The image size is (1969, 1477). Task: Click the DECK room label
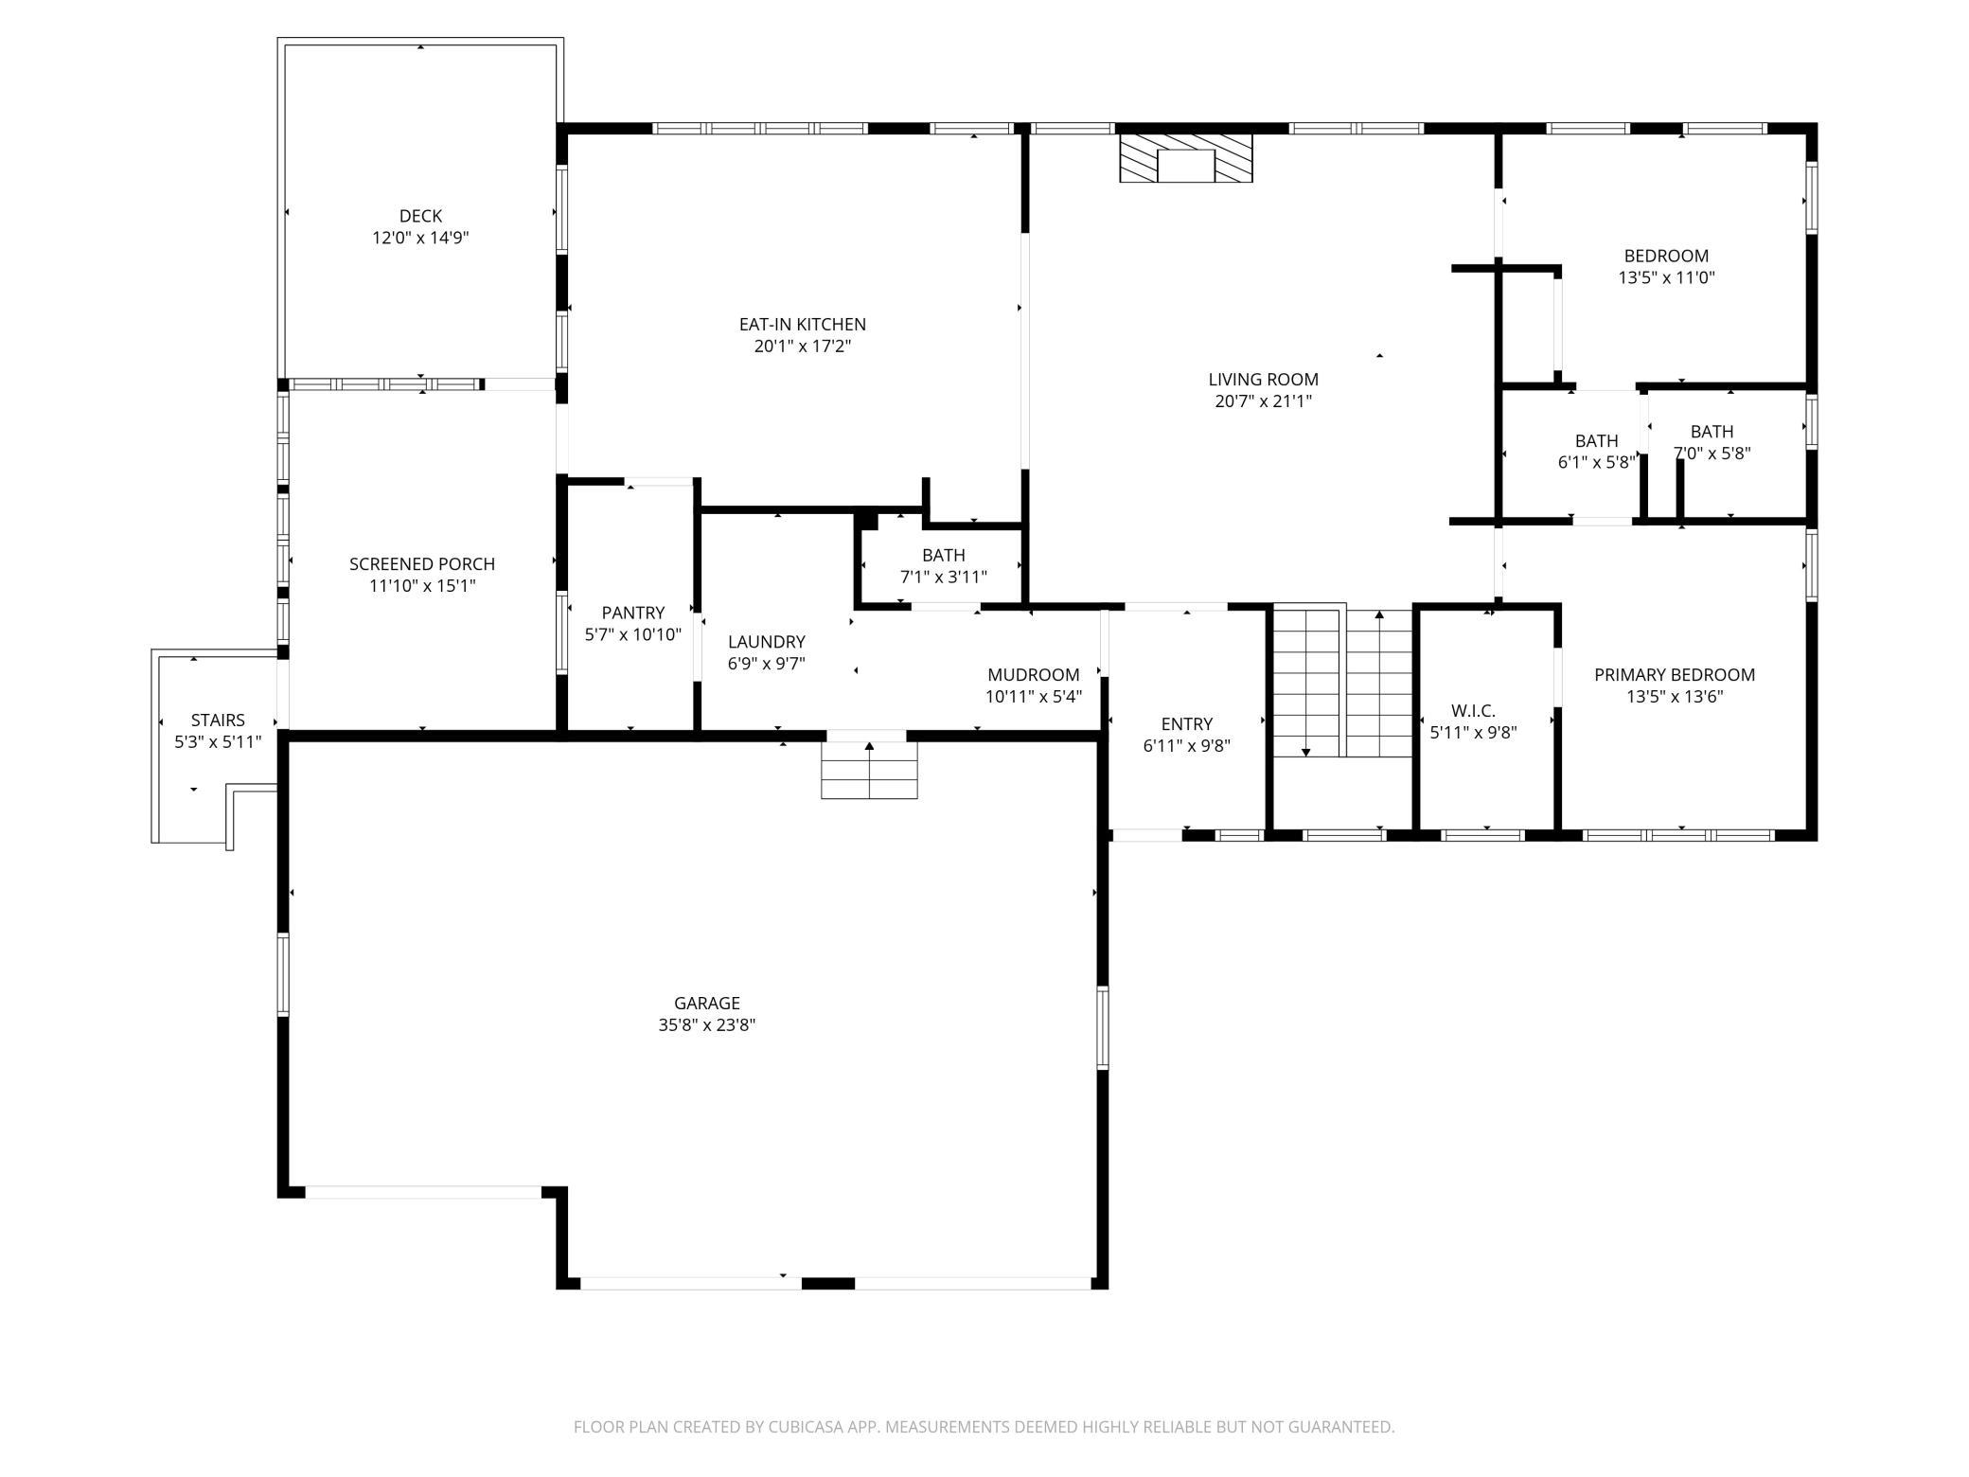420,216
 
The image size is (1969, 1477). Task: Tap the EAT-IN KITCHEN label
803,324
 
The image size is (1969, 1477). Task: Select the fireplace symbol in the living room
1186,158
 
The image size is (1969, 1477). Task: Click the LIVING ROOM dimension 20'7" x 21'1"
1264,401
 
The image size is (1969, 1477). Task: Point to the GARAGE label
707,1003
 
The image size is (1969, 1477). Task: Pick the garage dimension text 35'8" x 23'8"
707,1024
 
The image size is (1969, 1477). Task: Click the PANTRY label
633,613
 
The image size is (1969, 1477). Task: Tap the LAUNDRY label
767,642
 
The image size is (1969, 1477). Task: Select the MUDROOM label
1034,675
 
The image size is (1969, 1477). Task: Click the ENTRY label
1187,724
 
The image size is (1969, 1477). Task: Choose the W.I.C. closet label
1474,711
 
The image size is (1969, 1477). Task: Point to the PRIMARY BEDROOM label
1675,675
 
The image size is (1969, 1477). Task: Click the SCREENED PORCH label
422,564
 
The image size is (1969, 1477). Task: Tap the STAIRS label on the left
218,721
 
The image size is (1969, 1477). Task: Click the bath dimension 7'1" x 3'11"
944,577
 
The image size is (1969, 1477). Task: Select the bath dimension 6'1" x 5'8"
1597,463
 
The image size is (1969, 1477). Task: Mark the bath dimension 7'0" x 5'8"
1712,454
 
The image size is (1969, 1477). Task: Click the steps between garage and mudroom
869,770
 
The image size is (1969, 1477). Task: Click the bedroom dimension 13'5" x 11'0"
1667,278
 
